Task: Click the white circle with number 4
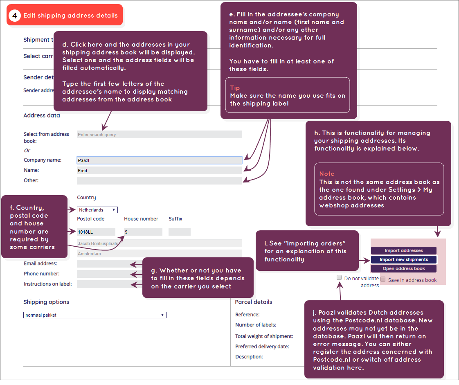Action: tap(15, 15)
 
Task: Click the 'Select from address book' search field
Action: tap(159, 134)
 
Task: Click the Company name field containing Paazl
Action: tap(159, 160)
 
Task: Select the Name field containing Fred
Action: tap(159, 170)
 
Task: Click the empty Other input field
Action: tap(159, 181)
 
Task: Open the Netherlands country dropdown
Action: tap(97, 210)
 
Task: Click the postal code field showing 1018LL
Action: tap(96, 232)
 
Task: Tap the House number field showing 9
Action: tap(143, 232)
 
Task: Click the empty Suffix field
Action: tap(180, 232)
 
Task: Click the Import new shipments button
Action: tap(404, 259)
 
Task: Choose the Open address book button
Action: tap(404, 268)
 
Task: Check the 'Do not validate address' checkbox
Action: tap(339, 277)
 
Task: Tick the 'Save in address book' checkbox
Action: tap(383, 279)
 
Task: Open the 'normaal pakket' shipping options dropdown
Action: tap(95, 315)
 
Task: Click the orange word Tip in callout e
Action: tap(235, 88)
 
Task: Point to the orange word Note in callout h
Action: tap(327, 173)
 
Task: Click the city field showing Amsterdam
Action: tap(159, 254)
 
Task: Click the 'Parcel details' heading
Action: tap(254, 302)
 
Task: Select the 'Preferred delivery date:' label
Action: tap(262, 347)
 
